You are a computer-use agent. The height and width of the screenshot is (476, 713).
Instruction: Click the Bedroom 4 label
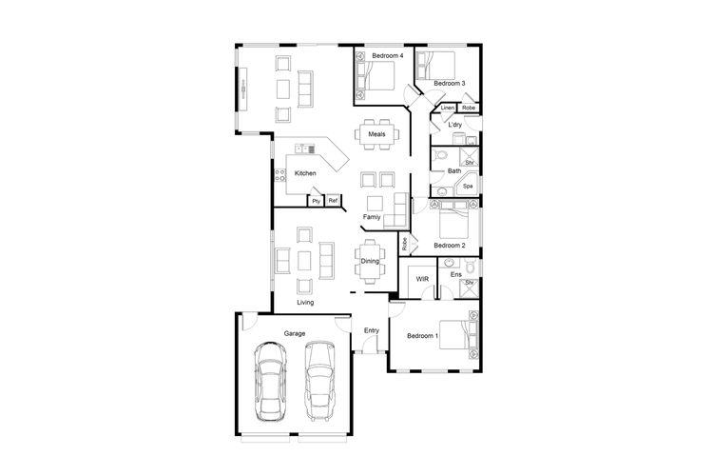pos(388,55)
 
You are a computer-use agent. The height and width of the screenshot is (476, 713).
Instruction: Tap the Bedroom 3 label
pos(449,84)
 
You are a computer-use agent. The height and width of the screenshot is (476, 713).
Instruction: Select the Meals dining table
pos(377,134)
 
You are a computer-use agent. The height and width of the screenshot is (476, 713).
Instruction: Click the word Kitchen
pos(305,173)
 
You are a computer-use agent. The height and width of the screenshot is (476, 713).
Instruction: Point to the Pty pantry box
pos(316,201)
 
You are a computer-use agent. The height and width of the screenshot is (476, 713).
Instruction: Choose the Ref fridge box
pos(333,200)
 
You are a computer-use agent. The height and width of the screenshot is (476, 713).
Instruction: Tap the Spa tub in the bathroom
pos(467,185)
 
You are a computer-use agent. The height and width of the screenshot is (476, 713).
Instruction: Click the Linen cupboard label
pos(448,108)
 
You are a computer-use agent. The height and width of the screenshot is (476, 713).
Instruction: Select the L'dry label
pos(454,125)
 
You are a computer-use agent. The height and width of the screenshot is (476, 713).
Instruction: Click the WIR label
pos(422,279)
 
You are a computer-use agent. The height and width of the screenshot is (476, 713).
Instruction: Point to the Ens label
pos(455,274)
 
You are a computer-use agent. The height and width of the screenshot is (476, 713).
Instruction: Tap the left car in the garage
pos(271,382)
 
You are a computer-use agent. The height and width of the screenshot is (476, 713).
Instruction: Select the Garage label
pos(294,333)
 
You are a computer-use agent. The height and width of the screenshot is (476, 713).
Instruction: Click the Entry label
pos(372,330)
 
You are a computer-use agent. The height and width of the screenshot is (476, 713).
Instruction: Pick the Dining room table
pos(370,262)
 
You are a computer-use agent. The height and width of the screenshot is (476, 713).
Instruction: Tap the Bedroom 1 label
pos(422,336)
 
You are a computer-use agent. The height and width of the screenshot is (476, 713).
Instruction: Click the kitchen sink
pos(304,149)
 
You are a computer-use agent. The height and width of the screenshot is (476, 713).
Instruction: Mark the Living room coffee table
pos(304,261)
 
